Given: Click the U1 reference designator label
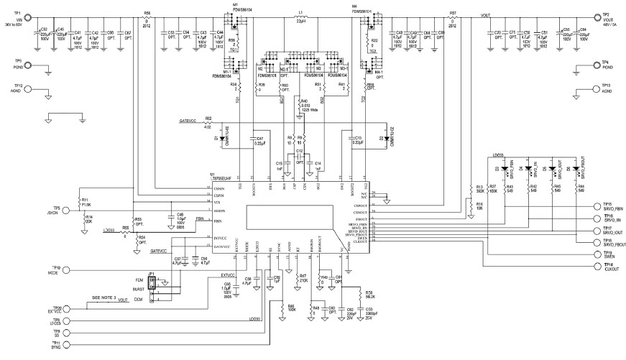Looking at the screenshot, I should [213, 175].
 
